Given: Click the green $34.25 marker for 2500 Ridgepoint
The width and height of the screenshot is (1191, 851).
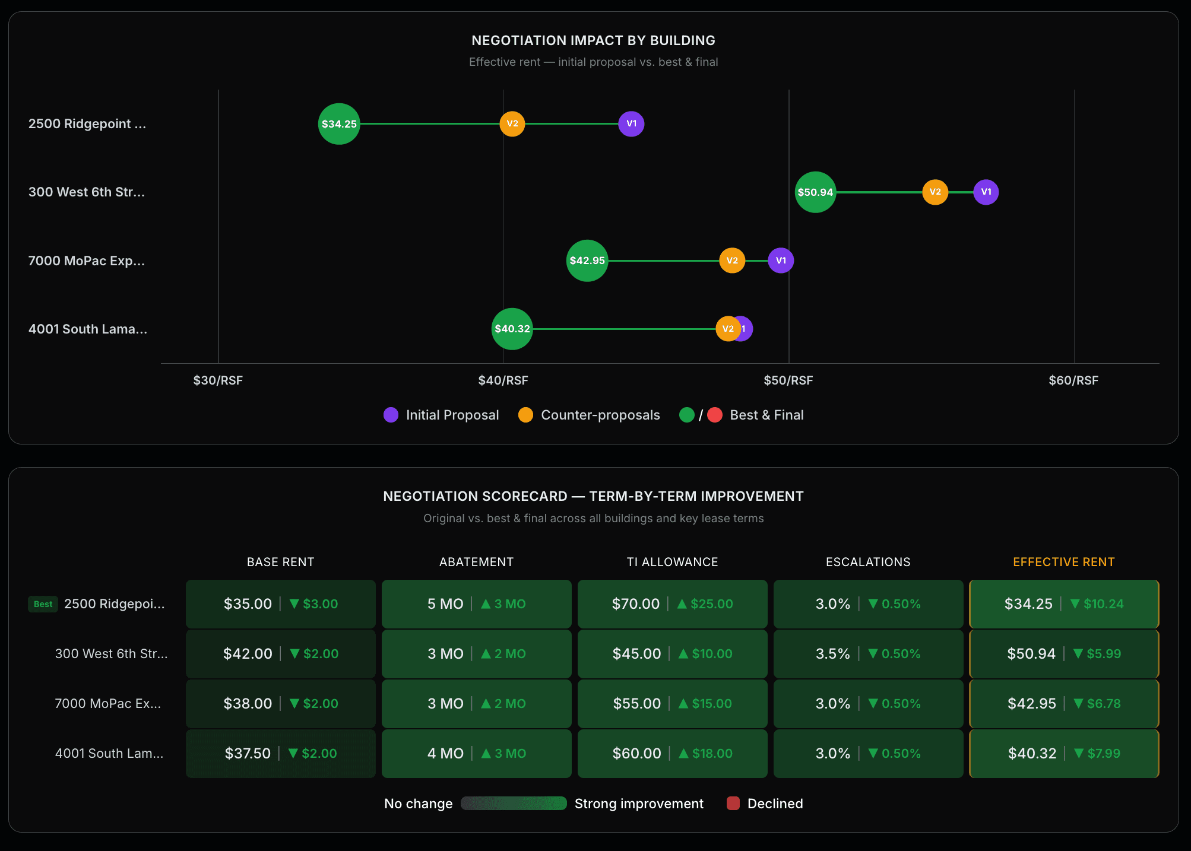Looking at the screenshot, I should click(339, 124).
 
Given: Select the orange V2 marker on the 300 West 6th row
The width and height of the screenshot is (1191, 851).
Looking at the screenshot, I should click(935, 192).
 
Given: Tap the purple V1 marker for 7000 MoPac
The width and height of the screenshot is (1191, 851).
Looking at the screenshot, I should click(781, 261).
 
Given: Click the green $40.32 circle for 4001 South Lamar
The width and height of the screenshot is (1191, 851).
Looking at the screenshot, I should click(512, 329).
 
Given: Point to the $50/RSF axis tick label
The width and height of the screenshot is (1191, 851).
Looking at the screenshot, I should click(788, 380).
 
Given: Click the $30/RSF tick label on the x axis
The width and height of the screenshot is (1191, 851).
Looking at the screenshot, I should click(218, 380).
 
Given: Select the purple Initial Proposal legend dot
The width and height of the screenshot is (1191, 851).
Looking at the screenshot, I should click(391, 415).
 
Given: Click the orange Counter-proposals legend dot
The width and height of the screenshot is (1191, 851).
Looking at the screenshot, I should click(525, 415).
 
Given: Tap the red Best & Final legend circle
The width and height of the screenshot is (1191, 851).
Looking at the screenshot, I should click(715, 415).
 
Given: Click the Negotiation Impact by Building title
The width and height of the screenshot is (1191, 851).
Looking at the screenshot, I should click(593, 40).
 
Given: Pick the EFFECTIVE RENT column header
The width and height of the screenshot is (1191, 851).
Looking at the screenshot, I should click(1063, 562).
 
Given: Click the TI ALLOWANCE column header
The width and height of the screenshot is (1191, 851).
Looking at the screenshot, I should click(672, 562).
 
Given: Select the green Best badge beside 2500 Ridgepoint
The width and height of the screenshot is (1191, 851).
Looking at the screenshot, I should click(43, 604).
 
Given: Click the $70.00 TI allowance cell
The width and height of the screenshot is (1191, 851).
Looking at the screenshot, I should click(672, 604).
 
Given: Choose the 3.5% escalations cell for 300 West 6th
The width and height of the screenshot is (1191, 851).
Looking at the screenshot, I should click(868, 654).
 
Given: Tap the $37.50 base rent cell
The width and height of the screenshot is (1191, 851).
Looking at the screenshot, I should click(280, 754).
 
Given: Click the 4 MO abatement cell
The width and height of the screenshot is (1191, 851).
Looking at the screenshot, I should click(476, 754).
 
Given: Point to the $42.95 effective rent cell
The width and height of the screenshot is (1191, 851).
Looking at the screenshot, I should click(1063, 704).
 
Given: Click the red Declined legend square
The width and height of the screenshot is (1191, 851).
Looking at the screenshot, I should click(733, 804).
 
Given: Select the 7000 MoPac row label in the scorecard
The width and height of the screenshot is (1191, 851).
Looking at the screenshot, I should click(108, 704).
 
